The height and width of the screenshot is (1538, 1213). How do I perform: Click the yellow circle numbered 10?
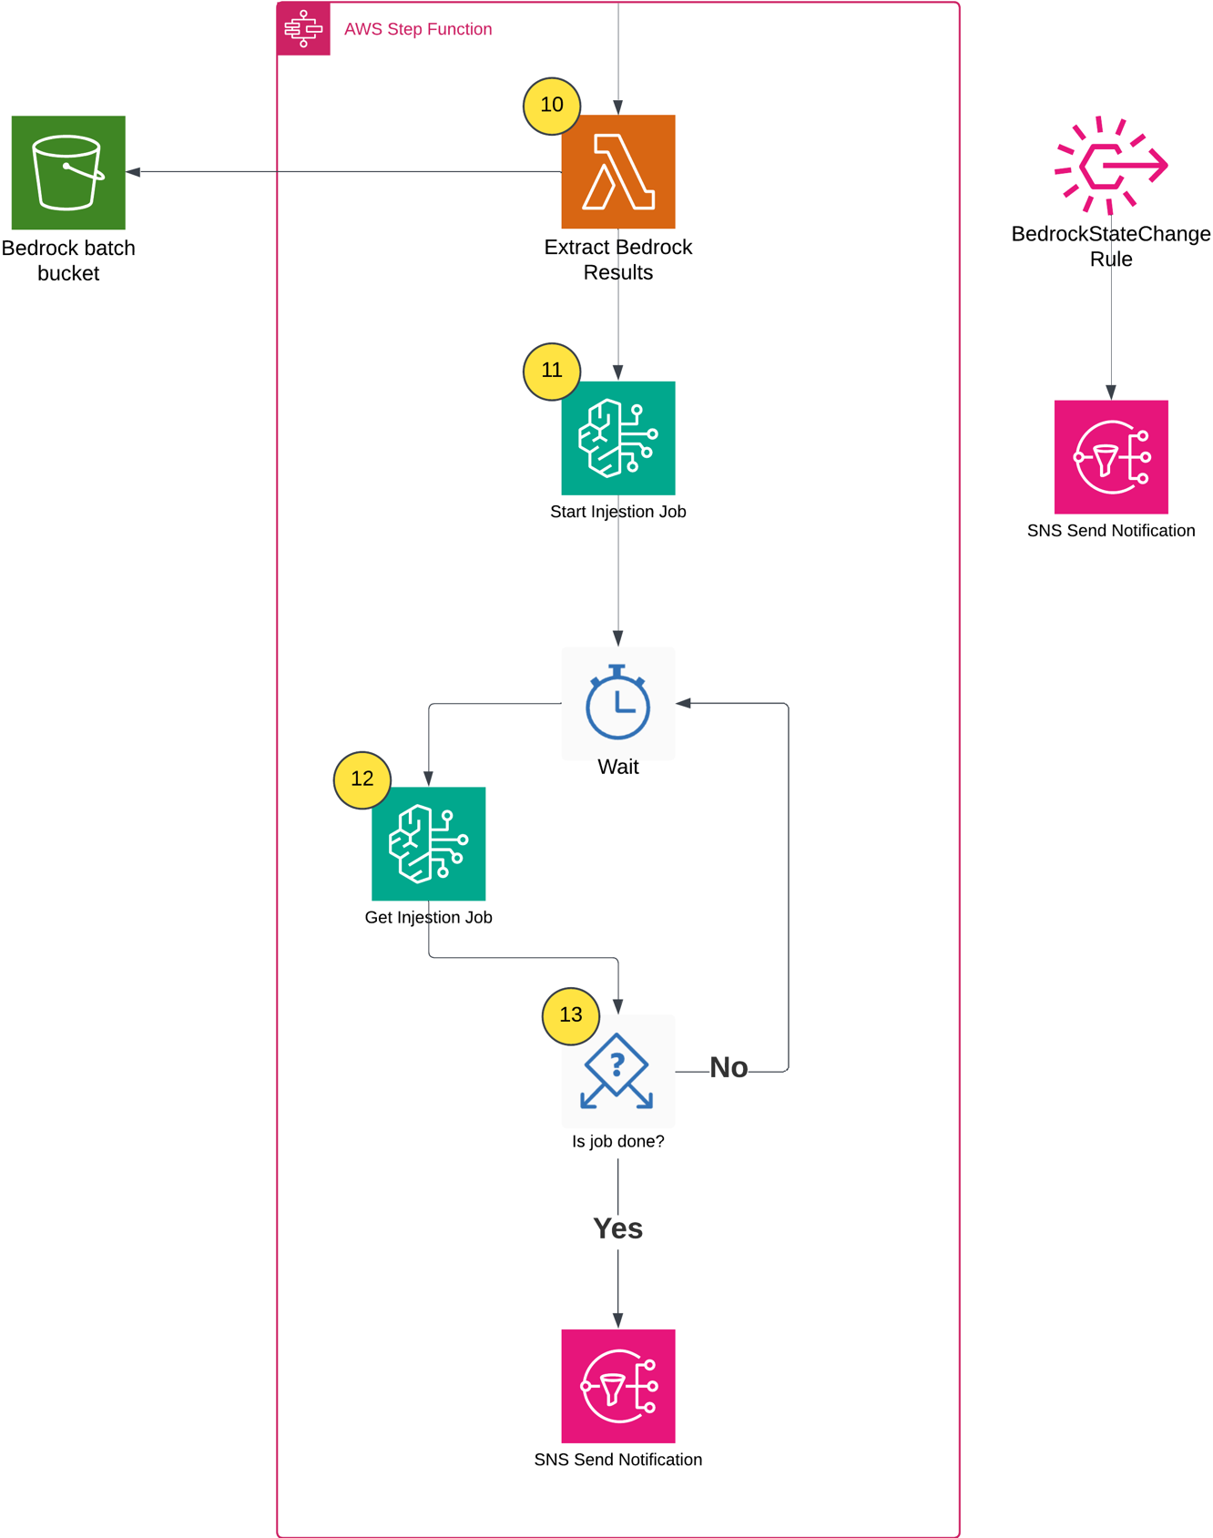pos(552,106)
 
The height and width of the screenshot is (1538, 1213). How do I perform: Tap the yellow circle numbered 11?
pos(552,371)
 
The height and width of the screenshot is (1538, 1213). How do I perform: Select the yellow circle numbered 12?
pos(362,779)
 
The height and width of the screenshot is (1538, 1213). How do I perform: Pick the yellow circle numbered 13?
pos(571,1015)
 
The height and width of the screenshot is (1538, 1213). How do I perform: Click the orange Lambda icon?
pos(618,171)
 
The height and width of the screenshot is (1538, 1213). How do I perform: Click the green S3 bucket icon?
pos(68,172)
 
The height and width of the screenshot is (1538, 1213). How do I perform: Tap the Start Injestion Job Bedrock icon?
pos(618,438)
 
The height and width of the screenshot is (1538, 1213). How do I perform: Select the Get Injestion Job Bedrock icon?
pos(428,843)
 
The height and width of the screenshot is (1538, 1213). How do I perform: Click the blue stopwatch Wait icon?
pos(618,702)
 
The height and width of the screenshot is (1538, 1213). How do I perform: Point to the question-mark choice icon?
pos(617,1071)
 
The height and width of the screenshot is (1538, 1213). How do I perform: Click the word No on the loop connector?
pos(729,1068)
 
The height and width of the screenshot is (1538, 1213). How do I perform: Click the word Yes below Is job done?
pos(617,1228)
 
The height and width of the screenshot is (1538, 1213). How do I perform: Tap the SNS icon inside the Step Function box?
pos(618,1386)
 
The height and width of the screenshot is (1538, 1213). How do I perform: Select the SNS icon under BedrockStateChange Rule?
pos(1111,457)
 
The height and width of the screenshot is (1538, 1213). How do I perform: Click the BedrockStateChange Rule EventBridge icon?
pos(1111,165)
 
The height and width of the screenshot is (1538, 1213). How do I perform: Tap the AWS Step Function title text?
pos(418,29)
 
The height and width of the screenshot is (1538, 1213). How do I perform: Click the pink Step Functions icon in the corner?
pos(303,28)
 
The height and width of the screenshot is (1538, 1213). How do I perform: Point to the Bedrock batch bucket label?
pos(68,260)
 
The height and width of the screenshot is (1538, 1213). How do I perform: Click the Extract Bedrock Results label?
pos(618,260)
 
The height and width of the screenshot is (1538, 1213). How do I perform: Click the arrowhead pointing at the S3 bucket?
pos(133,171)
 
